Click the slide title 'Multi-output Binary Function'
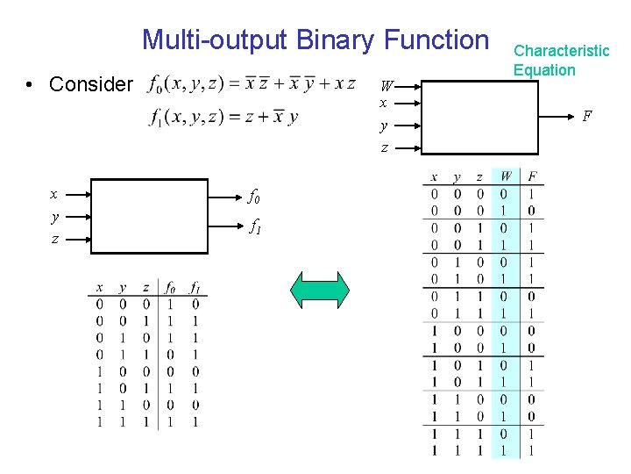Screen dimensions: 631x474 pyautogui.click(x=315, y=39)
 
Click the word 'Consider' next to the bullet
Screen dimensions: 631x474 pyautogui.click(x=92, y=84)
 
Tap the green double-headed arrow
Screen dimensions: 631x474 pyautogui.click(x=320, y=290)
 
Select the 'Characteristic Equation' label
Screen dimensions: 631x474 pyautogui.click(x=561, y=60)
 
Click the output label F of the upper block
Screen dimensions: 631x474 pyautogui.click(x=586, y=116)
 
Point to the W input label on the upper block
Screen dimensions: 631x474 pyautogui.click(x=386, y=86)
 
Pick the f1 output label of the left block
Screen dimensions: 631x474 pyautogui.click(x=254, y=226)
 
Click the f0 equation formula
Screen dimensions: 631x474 pyautogui.click(x=252, y=84)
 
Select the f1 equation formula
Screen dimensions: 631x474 pyautogui.click(x=223, y=117)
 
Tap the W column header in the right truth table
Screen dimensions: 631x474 pyautogui.click(x=507, y=177)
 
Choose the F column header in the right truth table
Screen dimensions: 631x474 pyautogui.click(x=532, y=177)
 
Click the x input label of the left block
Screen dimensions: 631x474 pyautogui.click(x=54, y=194)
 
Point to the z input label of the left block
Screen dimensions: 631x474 pyautogui.click(x=54, y=238)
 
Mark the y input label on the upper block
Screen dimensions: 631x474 pyautogui.click(x=384, y=126)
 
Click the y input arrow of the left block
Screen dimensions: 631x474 pyautogui.click(x=77, y=216)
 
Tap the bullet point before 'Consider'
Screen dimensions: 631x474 pyautogui.click(x=31, y=85)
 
